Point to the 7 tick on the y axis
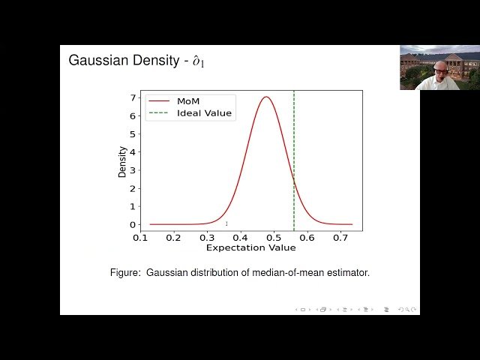tap(133, 98)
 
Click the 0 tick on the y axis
tap(133, 224)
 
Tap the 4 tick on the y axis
tap(133, 152)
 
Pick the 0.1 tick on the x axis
tap(140, 238)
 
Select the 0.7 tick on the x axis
tap(340, 238)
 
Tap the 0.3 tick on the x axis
tap(207, 238)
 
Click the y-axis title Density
tap(122, 160)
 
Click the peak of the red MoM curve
tap(265, 97)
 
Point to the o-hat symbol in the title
tap(196, 61)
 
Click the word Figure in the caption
tap(125, 273)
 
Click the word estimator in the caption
tap(347, 273)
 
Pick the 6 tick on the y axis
tap(133, 116)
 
